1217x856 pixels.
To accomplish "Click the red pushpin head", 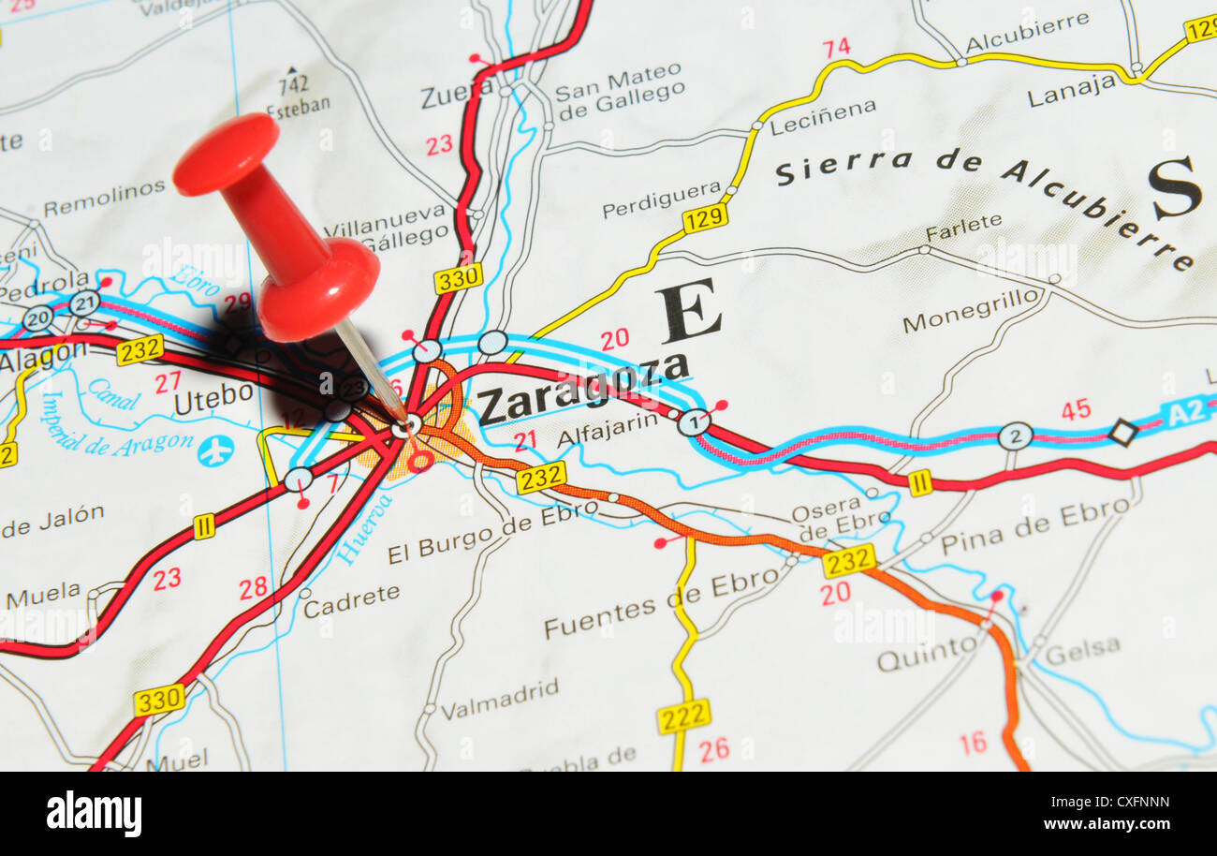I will pos(227,155).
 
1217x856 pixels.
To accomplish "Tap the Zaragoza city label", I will pos(582,388).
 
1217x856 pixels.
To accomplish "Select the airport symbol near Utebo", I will pos(215,450).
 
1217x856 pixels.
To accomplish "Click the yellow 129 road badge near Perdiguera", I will pos(704,219).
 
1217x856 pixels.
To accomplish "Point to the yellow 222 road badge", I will pos(682,716).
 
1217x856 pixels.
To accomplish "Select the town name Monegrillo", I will pos(971,312).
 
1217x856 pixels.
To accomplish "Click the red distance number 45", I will pos(1075,409).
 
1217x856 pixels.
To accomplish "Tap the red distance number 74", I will pos(835,47).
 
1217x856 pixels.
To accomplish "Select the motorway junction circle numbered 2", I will pos(1014,435).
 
